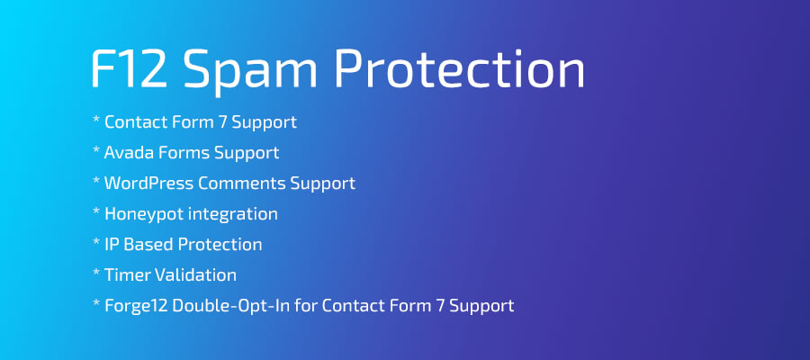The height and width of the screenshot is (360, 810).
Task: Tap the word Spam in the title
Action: (255, 68)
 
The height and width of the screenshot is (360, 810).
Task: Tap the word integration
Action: (233, 213)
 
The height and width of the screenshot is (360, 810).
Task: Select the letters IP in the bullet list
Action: (112, 244)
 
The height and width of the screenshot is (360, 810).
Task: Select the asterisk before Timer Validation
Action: (95, 273)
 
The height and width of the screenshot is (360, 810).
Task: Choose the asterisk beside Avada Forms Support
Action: (95, 150)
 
